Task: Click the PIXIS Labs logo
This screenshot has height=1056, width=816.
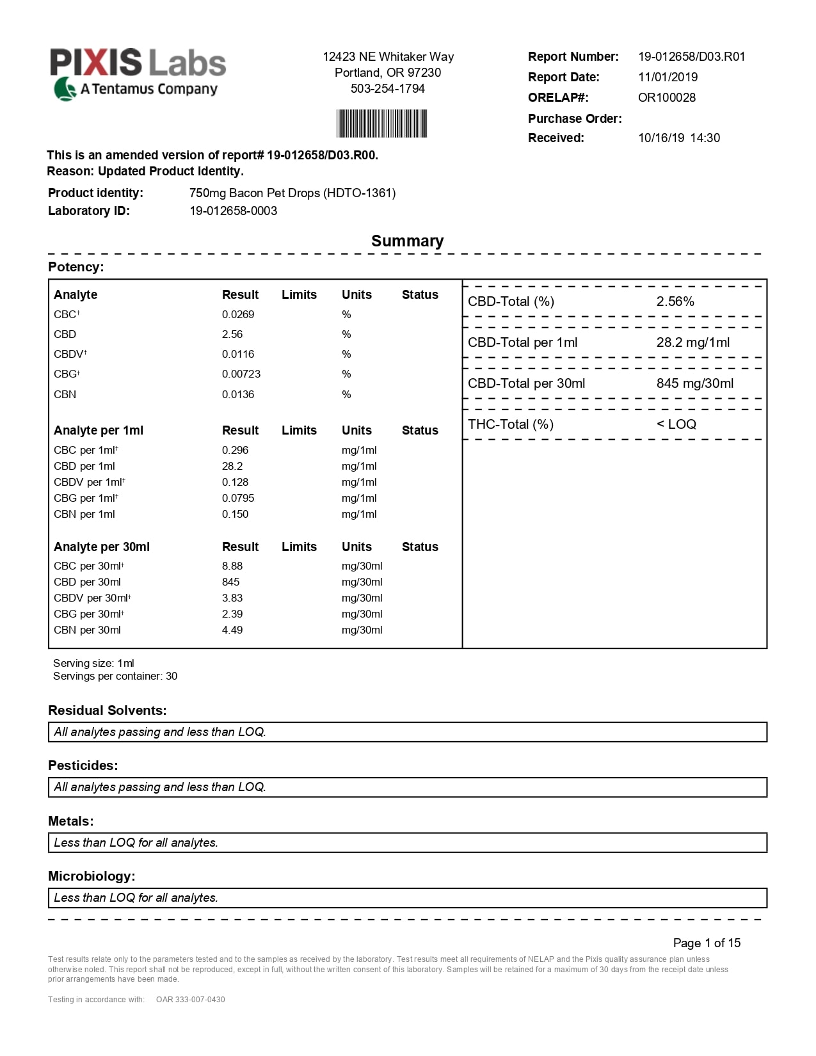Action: [138, 74]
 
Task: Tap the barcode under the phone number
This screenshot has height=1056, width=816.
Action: [382, 124]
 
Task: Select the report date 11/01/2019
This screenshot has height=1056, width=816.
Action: [668, 77]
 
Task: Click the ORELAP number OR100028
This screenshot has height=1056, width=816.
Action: [666, 98]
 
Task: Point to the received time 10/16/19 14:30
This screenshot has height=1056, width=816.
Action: [678, 138]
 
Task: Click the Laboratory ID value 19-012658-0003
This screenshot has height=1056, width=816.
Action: [233, 211]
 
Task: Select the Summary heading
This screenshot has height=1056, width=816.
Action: [407, 241]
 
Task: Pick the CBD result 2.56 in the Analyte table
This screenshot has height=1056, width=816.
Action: [232, 335]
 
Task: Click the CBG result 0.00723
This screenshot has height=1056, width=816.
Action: [241, 374]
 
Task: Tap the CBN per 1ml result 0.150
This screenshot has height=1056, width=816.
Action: [235, 515]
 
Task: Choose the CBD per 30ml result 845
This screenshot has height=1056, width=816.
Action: [230, 582]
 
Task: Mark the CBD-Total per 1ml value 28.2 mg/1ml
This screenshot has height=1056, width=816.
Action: [692, 343]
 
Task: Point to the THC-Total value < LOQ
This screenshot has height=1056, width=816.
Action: [676, 425]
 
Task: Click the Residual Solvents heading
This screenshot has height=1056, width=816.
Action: [107, 711]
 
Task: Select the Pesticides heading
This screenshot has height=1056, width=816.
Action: [83, 766]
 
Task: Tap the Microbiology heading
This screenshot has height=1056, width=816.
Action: [92, 877]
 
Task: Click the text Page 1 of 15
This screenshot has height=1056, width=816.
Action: [707, 943]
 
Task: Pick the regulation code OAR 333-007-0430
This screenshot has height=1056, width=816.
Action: [190, 1000]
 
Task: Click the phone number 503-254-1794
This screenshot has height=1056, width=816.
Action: [387, 89]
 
